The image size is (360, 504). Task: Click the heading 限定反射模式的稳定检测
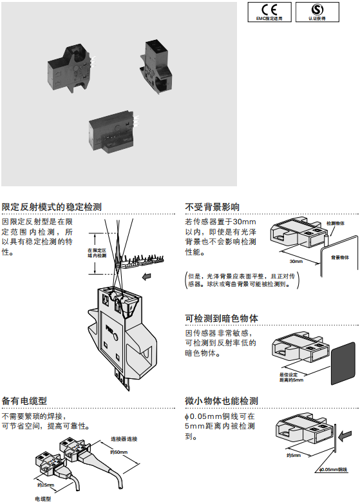[x=52, y=207]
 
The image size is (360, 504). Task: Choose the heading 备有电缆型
[x=24, y=400]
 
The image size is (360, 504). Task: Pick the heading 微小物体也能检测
[x=221, y=400]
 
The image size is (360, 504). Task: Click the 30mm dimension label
[x=296, y=262]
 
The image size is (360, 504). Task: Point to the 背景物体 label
[x=340, y=257]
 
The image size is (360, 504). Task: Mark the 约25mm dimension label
[x=46, y=484]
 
